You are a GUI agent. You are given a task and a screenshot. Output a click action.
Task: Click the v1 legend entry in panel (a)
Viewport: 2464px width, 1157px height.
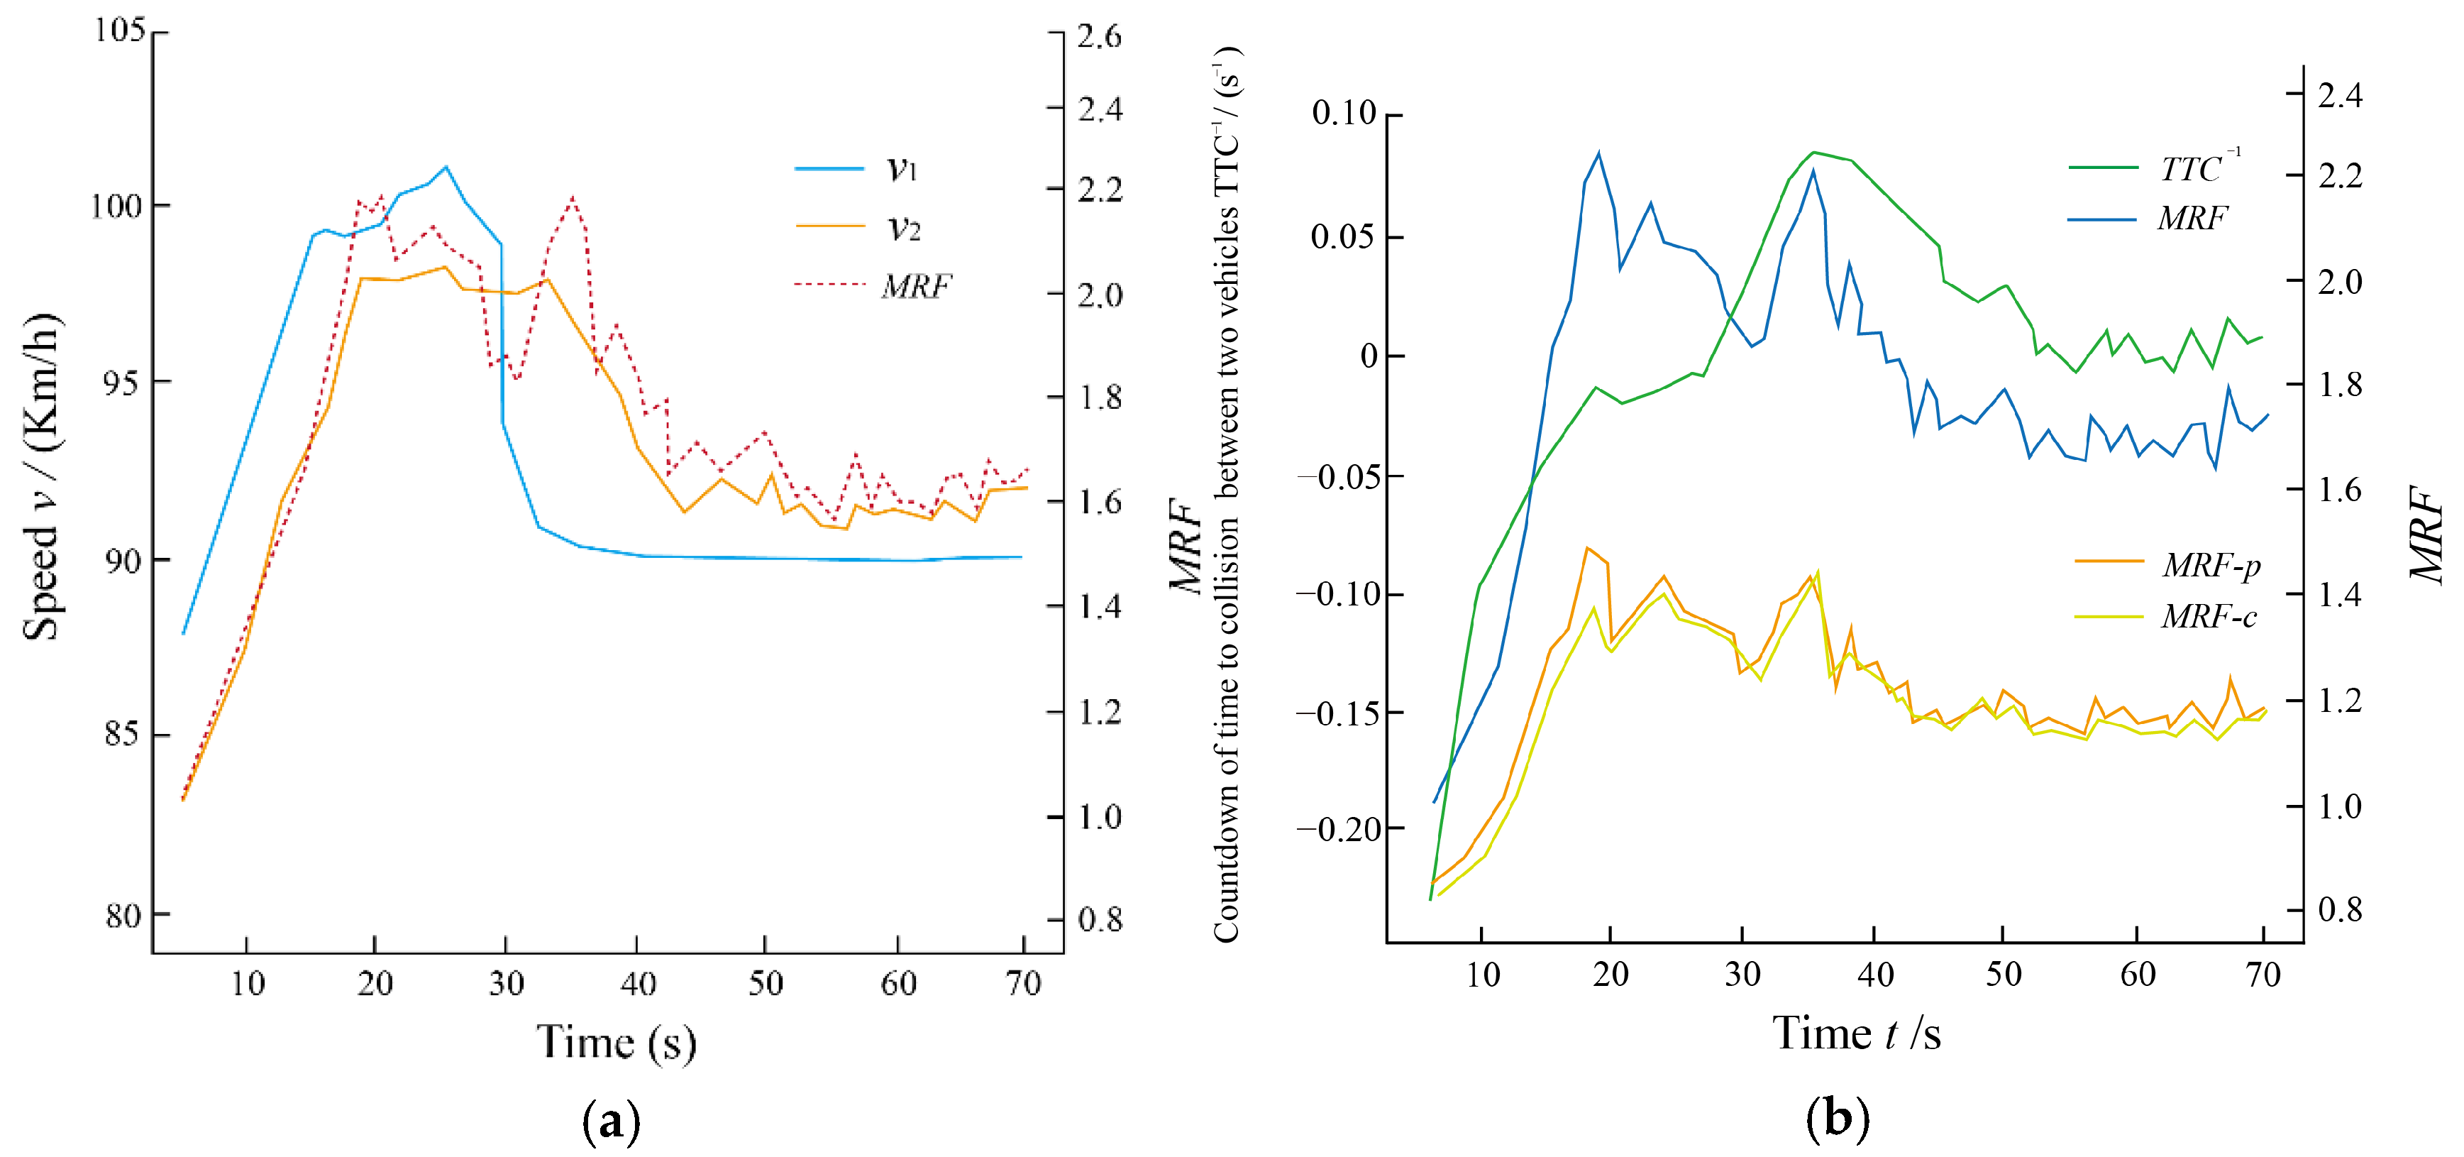pyautogui.click(x=901, y=170)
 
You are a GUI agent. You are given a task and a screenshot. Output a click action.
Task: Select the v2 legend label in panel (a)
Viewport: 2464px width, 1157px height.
pyautogui.click(x=903, y=228)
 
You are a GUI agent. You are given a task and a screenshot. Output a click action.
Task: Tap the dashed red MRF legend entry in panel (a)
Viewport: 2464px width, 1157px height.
pyautogui.click(x=915, y=285)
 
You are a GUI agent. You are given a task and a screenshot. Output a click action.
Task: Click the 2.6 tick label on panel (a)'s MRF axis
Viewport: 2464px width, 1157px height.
pyautogui.click(x=1099, y=36)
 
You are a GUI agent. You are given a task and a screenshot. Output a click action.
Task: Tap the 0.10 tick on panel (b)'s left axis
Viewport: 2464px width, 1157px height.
pyautogui.click(x=1343, y=113)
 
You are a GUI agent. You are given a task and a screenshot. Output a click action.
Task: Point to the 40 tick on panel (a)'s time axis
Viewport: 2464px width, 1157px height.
pyautogui.click(x=637, y=984)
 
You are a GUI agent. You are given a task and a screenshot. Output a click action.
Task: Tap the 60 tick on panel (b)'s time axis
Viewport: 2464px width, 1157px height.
pyautogui.click(x=2137, y=975)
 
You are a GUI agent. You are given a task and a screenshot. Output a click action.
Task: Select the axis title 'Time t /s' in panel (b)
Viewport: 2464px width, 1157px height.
pyautogui.click(x=1856, y=1033)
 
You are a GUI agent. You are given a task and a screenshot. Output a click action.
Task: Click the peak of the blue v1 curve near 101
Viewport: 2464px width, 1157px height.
pyautogui.click(x=445, y=167)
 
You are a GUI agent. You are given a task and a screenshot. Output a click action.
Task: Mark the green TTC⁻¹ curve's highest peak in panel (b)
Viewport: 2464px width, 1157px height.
pyautogui.click(x=1813, y=152)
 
